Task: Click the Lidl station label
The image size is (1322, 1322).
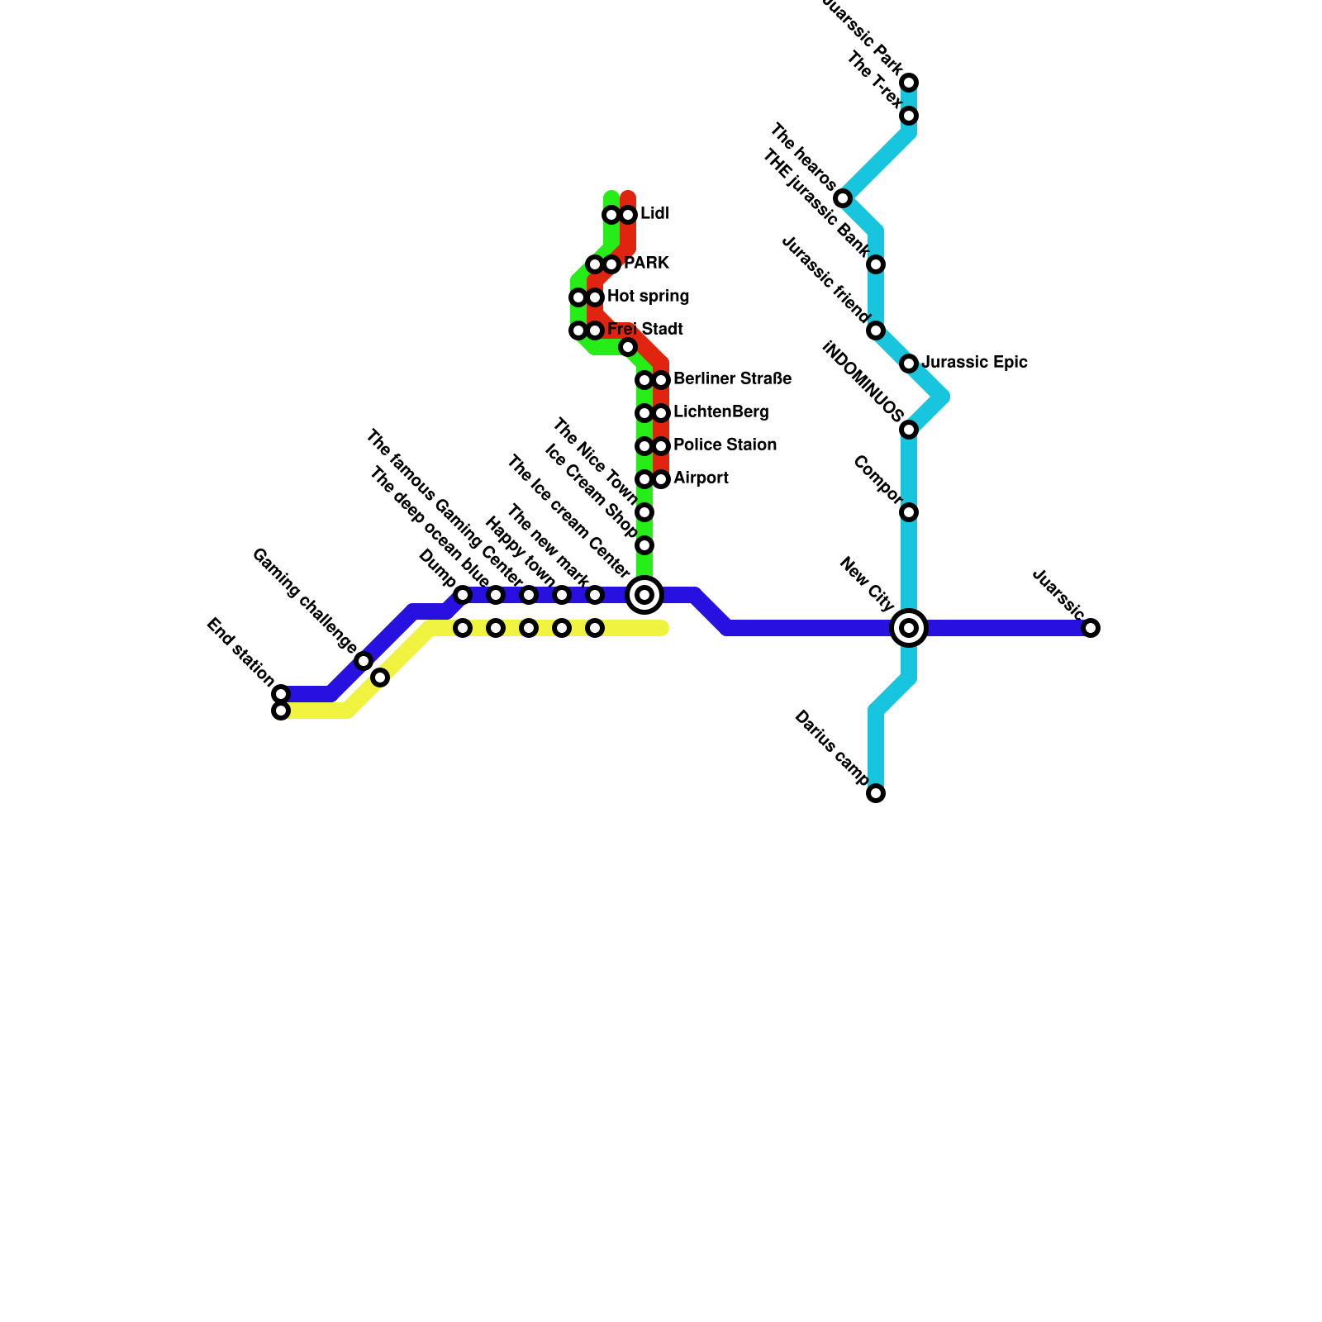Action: tap(654, 214)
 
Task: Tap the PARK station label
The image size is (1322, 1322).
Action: tap(646, 264)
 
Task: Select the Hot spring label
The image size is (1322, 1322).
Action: tap(648, 296)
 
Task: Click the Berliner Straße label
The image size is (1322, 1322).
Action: tap(732, 379)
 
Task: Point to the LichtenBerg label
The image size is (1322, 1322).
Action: tap(720, 411)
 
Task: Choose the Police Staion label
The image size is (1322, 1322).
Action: tap(725, 445)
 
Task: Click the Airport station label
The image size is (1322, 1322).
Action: tap(701, 478)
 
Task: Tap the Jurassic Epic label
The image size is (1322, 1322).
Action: tap(974, 362)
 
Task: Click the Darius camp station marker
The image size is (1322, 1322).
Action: tap(876, 793)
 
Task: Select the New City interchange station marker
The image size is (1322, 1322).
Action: tap(909, 628)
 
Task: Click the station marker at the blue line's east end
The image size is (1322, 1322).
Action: tap(1091, 628)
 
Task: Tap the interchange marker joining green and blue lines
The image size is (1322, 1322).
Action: tap(644, 595)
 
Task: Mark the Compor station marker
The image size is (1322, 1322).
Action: tap(909, 512)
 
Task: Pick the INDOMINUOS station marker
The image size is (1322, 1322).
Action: tap(909, 430)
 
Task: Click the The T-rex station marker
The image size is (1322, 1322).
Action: tap(909, 116)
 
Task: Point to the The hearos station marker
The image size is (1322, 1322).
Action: tap(843, 198)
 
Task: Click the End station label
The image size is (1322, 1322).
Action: tap(239, 652)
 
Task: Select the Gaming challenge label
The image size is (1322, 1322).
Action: tap(303, 601)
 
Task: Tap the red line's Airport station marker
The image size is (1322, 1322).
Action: tap(661, 479)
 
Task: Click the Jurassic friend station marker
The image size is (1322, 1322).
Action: tap(876, 330)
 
